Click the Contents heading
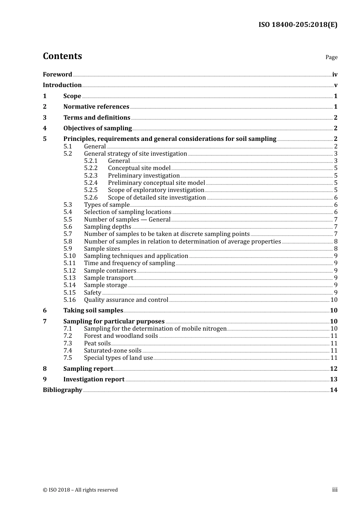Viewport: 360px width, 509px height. [62, 56]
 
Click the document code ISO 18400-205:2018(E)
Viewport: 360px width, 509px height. [298, 25]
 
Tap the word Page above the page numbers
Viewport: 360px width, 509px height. [331, 57]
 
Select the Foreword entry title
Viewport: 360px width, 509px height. [57, 75]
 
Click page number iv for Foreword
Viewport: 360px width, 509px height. [335, 75]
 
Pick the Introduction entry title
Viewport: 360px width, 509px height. [62, 85]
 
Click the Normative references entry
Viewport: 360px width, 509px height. [96, 107]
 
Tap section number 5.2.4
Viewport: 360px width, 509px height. [91, 183]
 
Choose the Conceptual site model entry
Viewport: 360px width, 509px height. [139, 168]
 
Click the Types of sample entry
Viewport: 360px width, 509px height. [106, 205]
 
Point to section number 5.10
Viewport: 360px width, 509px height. [69, 256]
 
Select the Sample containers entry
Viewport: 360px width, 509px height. [110, 271]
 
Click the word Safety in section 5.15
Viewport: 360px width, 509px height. [92, 293]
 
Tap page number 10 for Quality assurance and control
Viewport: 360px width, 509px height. [334, 300]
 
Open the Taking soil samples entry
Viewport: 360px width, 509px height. [93, 311]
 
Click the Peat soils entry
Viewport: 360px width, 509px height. [97, 343]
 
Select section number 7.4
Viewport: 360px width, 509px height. [67, 351]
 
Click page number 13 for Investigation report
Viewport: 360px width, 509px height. [333, 379]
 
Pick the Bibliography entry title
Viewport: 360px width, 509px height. [63, 390]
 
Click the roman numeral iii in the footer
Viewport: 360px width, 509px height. [335, 490]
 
